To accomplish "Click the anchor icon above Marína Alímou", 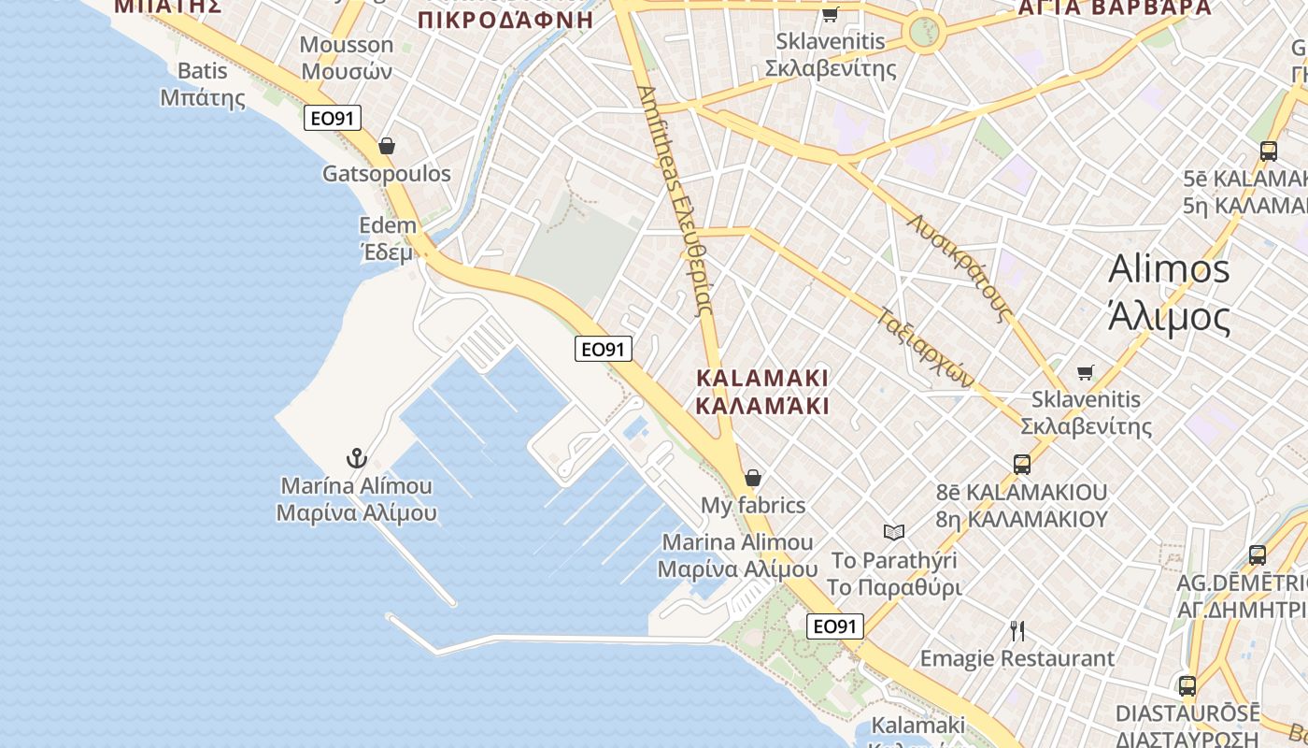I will click(356, 458).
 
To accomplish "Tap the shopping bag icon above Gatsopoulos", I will click(387, 146).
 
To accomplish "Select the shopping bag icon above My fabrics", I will click(753, 478).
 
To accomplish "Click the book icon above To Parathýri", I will click(894, 532).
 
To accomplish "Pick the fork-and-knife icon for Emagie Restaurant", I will click(1017, 631).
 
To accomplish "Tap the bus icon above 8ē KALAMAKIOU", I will click(1022, 464).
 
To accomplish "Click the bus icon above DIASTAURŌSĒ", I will click(1187, 686).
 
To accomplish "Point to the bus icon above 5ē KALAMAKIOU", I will click(1269, 151).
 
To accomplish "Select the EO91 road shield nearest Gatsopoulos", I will click(333, 118).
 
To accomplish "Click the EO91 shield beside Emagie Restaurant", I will click(835, 626).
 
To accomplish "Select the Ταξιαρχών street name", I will click(926, 346).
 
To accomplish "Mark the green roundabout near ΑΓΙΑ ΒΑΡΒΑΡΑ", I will click(925, 31).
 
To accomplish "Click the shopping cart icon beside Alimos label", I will click(1085, 373).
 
